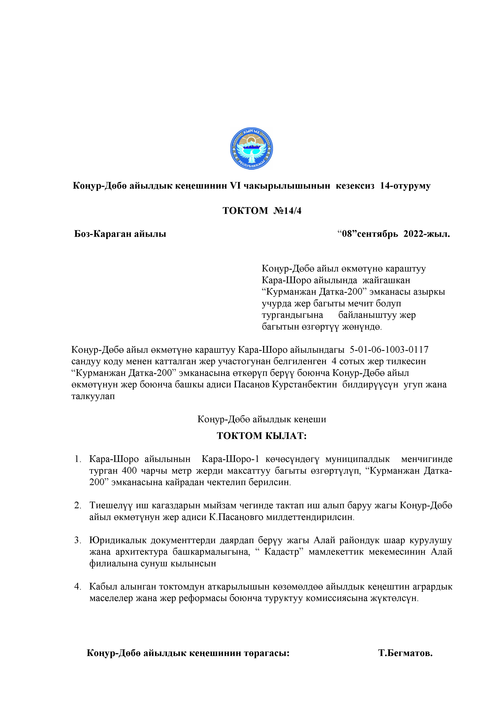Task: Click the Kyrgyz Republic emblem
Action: click(251, 149)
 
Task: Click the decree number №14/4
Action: click(287, 211)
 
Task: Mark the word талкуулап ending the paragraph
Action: click(93, 396)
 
